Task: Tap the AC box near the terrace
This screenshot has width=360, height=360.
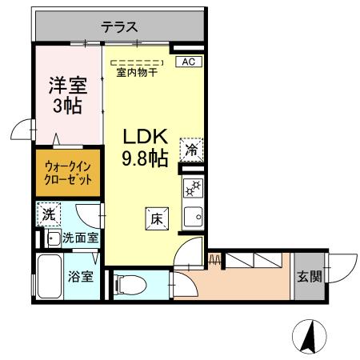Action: pyautogui.click(x=188, y=61)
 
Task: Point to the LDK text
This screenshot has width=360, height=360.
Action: pyautogui.click(x=144, y=136)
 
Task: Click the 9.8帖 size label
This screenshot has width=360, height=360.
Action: pyautogui.click(x=144, y=158)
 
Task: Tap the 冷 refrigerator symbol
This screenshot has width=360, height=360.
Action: pyautogui.click(x=192, y=149)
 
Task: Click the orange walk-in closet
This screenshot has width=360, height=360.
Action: pyautogui.click(x=67, y=173)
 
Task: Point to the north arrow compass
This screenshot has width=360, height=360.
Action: pyautogui.click(x=310, y=336)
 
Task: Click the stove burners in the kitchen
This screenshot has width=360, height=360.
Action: pyautogui.click(x=193, y=190)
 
